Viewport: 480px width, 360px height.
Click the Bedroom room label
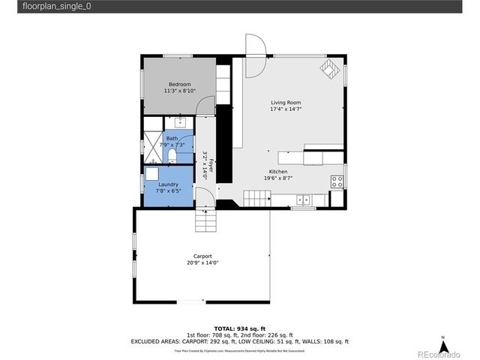179,84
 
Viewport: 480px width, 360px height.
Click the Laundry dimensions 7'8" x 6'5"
167,190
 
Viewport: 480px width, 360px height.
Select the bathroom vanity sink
181,121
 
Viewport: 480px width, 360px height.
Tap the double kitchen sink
304,199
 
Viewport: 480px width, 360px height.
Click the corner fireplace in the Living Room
329,69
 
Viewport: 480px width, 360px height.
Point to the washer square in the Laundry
153,173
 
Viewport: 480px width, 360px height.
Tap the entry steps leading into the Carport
205,221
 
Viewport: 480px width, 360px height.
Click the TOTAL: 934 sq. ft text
240,328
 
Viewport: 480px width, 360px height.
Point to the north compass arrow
443,346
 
